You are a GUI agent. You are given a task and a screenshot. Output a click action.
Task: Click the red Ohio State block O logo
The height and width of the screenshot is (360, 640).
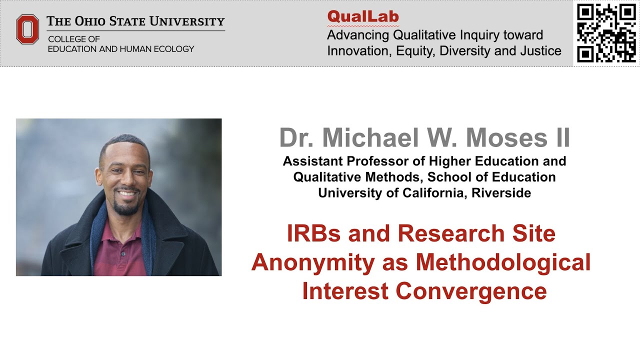[27, 29]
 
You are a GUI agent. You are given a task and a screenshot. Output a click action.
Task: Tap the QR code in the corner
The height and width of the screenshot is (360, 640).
[605, 33]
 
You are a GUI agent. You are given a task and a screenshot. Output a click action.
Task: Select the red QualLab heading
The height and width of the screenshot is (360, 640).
[363, 17]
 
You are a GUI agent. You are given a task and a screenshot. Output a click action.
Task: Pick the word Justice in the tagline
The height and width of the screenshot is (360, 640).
[538, 51]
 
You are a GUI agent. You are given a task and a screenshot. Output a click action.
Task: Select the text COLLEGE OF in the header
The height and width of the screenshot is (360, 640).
[74, 39]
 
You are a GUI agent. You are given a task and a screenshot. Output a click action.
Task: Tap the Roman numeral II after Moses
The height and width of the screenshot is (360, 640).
[559, 137]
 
